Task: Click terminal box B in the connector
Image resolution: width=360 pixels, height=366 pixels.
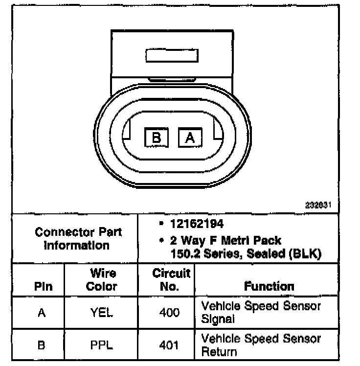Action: coord(157,138)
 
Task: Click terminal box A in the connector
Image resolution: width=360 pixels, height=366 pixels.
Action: coord(190,138)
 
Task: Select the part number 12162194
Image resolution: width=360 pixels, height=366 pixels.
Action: coord(197,224)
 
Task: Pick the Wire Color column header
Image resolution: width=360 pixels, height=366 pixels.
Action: coord(102,280)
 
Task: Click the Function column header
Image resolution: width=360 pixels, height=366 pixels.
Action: coord(269,286)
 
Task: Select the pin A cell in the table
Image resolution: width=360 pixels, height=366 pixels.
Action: coord(42,313)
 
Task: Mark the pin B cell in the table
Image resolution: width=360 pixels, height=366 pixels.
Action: coord(42,345)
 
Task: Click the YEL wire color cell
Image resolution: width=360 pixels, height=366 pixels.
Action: coord(102,313)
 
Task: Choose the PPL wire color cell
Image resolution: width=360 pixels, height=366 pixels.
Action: coord(102,345)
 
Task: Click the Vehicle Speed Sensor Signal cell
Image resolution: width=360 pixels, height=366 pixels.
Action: coord(261,313)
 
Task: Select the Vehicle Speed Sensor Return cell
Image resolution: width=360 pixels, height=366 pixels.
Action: coord(261,345)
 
